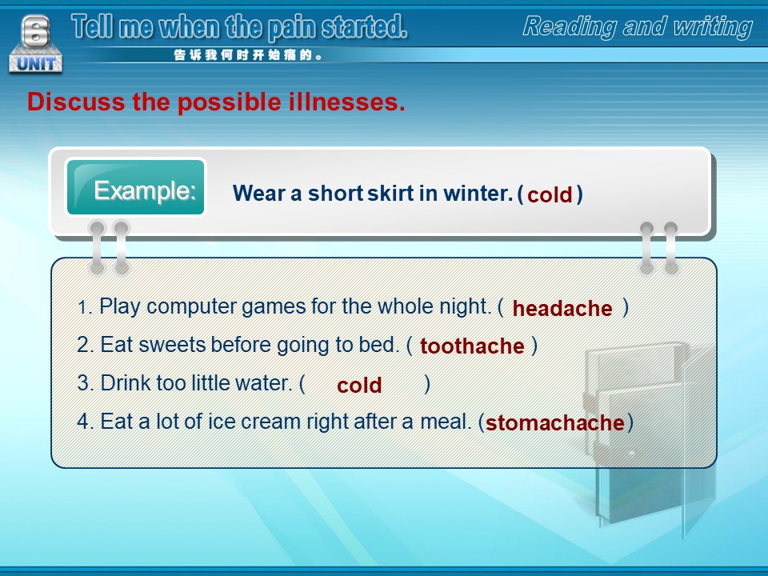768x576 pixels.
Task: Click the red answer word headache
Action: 562,309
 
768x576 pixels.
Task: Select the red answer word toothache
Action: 472,346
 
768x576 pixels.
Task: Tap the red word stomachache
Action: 555,422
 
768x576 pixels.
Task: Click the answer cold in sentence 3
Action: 359,385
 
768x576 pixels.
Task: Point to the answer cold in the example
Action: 550,195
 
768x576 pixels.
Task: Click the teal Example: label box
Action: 136,187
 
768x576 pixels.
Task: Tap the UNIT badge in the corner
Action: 36,63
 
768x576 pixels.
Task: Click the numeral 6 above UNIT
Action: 36,30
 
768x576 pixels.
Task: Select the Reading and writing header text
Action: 638,26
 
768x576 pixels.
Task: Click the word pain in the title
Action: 293,27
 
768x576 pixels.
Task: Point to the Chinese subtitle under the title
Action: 248,55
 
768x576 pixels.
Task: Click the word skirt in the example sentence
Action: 390,193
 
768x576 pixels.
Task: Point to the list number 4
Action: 83,422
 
